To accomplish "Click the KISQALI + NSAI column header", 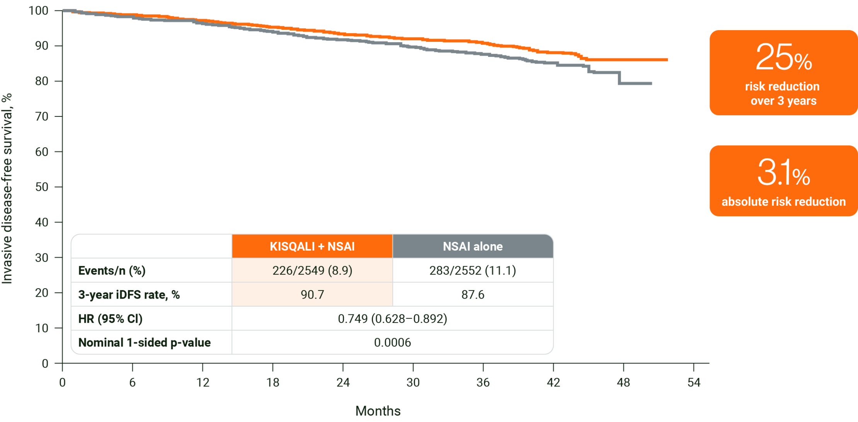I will point(312,246).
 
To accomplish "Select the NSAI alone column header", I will point(473,246).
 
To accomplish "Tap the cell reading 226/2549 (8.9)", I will point(312,270).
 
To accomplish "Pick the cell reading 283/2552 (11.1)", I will point(473,270).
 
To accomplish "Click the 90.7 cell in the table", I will point(312,295).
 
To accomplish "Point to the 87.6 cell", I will point(473,295).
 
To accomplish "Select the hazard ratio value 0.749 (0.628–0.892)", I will point(392,319).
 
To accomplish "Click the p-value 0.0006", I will point(392,343).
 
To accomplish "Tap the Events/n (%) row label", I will point(112,270).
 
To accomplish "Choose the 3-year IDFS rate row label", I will point(129,295).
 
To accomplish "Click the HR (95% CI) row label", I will point(111,319).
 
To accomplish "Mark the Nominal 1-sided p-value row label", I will point(145,343).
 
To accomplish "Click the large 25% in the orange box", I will point(783,58).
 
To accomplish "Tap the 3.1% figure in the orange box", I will point(783,173).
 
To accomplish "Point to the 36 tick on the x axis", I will point(483,383).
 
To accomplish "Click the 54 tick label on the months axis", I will point(694,383).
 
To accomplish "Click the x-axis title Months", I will point(378,411).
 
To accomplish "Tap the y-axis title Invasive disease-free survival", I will point(7,188).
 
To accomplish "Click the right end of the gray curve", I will point(652,84).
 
